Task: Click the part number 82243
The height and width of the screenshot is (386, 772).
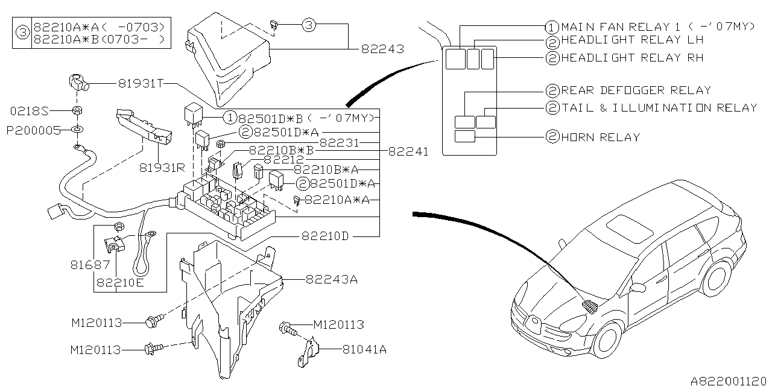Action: (x=382, y=49)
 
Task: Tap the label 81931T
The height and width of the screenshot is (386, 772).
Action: (x=141, y=83)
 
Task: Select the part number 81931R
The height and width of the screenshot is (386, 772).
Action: (x=162, y=168)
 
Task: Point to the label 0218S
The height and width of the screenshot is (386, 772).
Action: (x=30, y=111)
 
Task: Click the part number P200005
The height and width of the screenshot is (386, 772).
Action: (x=33, y=131)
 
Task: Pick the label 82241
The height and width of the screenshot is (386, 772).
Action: (x=408, y=151)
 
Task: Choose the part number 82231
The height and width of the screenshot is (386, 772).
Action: (x=340, y=143)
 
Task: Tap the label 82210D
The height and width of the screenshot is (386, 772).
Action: (x=325, y=236)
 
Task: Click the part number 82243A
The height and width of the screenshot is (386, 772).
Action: (x=332, y=279)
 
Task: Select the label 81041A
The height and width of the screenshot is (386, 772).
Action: (x=364, y=349)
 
